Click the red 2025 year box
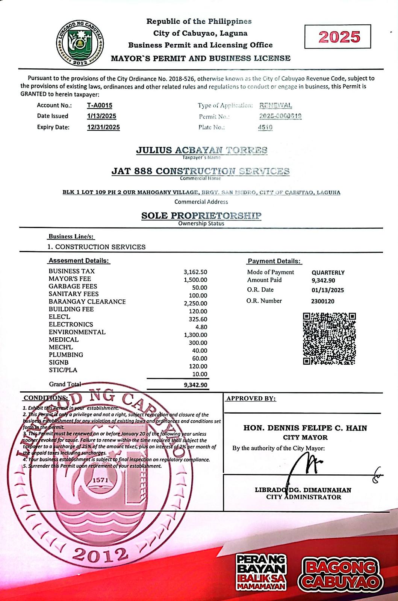(x=337, y=37)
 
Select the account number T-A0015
(x=100, y=106)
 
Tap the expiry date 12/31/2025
(x=103, y=127)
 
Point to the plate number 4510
(x=265, y=127)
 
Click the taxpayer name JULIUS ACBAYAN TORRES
(x=201, y=150)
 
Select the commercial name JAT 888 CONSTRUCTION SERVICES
(x=200, y=171)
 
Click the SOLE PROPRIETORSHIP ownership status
(x=201, y=216)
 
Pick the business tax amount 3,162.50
(x=195, y=272)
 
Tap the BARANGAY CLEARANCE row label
(x=87, y=302)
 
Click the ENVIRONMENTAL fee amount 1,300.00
(x=195, y=335)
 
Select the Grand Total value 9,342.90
(x=195, y=385)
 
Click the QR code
(x=329, y=339)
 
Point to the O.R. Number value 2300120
(x=322, y=301)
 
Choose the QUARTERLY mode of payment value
(x=328, y=273)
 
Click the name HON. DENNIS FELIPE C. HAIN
(x=305, y=428)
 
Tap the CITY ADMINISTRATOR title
(x=304, y=497)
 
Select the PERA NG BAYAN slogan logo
(x=261, y=572)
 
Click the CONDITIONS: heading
(x=46, y=398)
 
